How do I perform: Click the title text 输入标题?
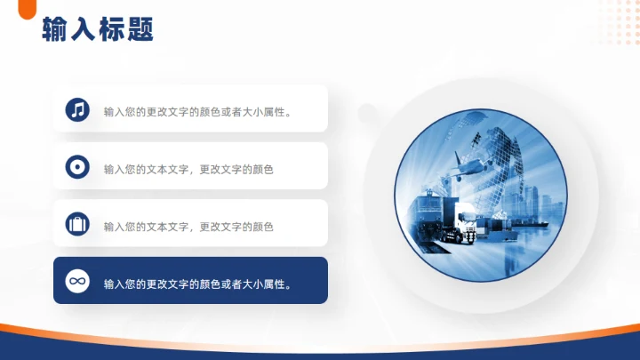(x=98, y=31)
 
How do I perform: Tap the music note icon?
(x=77, y=109)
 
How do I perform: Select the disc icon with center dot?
(x=77, y=167)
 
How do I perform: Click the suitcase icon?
(x=77, y=224)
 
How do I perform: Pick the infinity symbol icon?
(x=77, y=281)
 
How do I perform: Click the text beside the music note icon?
(x=199, y=112)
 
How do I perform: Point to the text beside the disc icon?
(x=188, y=169)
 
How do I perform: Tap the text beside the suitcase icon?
(x=188, y=227)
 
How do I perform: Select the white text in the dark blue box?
(x=199, y=284)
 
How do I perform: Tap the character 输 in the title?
(x=55, y=31)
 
